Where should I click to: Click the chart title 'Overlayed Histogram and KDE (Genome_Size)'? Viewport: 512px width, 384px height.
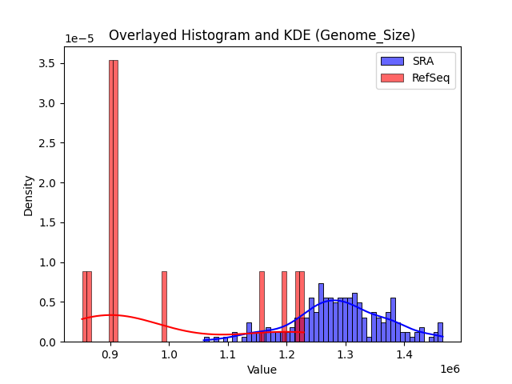[262, 35]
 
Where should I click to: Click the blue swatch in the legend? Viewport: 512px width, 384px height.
[392, 62]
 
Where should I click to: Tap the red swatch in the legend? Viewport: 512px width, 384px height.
[392, 77]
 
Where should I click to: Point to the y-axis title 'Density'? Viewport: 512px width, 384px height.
[29, 194]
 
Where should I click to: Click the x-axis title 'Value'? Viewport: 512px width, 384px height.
[262, 370]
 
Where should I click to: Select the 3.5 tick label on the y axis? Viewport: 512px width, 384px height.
[49, 63]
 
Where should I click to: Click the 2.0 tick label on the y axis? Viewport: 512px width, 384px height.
[49, 182]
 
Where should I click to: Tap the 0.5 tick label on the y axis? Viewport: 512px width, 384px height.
[49, 302]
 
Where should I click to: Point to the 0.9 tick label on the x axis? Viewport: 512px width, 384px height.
[110, 354]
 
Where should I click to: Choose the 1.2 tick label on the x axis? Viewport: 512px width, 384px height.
[286, 354]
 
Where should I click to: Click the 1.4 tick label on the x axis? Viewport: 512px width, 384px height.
[404, 354]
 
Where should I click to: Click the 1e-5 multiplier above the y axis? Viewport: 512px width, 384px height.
[78, 39]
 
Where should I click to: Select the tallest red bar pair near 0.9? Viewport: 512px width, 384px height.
[114, 200]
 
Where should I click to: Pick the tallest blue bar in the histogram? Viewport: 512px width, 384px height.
[321, 312]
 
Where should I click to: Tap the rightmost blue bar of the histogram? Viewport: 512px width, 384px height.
[440, 332]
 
